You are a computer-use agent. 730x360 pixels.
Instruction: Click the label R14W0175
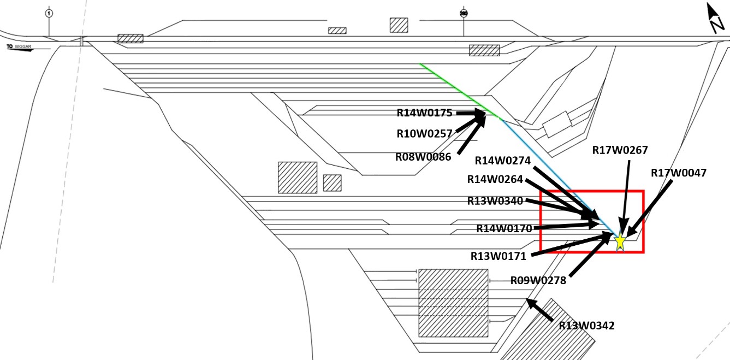pos(424,113)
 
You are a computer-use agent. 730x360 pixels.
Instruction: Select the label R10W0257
pos(424,133)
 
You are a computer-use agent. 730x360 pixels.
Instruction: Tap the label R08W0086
pos(423,157)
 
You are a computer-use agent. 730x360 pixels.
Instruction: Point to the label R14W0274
pos(502,161)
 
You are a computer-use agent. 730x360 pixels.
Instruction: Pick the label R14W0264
pos(495,179)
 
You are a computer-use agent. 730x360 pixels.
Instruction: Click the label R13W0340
pos(495,200)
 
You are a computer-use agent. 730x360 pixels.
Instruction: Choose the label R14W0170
pos(504,228)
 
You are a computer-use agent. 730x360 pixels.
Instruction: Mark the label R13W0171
pos(498,255)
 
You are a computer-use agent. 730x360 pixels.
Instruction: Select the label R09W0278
pos(538,280)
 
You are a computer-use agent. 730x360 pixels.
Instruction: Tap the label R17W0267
pos(620,150)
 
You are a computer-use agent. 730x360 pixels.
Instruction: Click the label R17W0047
pos(678,173)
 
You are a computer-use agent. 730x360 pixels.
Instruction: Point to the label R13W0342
pos(586,326)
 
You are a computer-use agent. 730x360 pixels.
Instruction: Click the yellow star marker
pos(620,241)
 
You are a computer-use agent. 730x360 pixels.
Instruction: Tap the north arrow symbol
pos(715,19)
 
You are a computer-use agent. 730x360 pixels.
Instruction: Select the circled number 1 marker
pos(49,13)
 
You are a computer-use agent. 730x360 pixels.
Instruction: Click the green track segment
pos(459,90)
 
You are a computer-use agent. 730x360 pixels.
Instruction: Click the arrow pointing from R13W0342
pos(539,309)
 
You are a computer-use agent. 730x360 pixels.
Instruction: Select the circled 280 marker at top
pos(464,13)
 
